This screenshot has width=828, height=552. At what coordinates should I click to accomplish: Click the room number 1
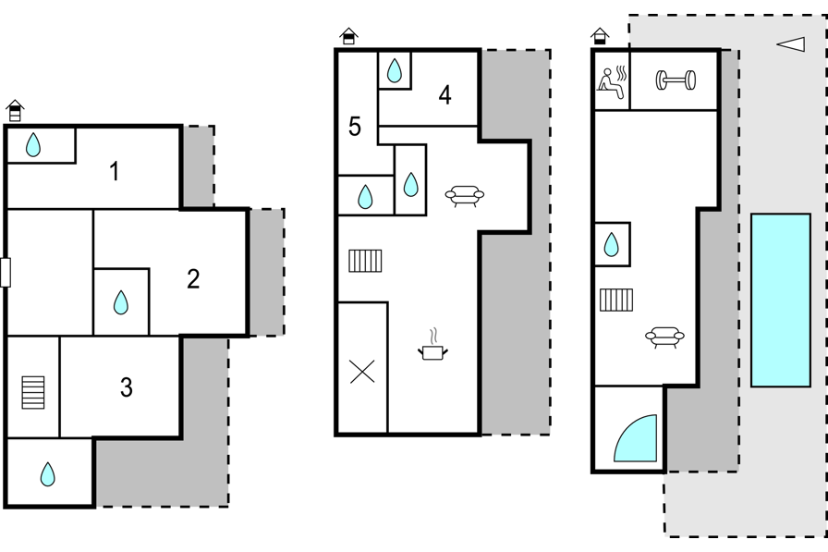[114, 172]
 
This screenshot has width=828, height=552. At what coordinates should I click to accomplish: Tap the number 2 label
[193, 279]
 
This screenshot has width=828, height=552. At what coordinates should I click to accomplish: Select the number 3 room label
[127, 387]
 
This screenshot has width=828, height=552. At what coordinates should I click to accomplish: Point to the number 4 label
[445, 95]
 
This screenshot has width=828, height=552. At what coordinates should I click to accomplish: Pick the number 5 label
[355, 127]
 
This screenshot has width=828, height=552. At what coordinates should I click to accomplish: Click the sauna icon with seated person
[613, 82]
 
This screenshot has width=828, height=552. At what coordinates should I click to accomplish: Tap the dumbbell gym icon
[676, 80]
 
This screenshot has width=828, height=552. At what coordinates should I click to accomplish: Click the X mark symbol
[362, 372]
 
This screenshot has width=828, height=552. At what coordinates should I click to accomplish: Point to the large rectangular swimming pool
[781, 300]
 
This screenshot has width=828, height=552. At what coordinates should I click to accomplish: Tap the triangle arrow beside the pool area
[791, 44]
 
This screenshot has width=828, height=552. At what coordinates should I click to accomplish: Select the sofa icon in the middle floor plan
[465, 195]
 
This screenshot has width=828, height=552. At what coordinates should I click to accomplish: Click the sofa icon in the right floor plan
[664, 337]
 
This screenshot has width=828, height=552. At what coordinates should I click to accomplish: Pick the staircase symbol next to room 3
[33, 392]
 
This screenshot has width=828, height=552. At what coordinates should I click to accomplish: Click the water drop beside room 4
[395, 70]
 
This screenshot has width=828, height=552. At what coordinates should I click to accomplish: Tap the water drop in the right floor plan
[611, 245]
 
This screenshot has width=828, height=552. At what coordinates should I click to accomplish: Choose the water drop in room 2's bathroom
[121, 302]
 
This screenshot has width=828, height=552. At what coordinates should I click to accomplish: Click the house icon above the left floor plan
[16, 110]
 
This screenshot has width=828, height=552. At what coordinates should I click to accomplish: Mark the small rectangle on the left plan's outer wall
[6, 273]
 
